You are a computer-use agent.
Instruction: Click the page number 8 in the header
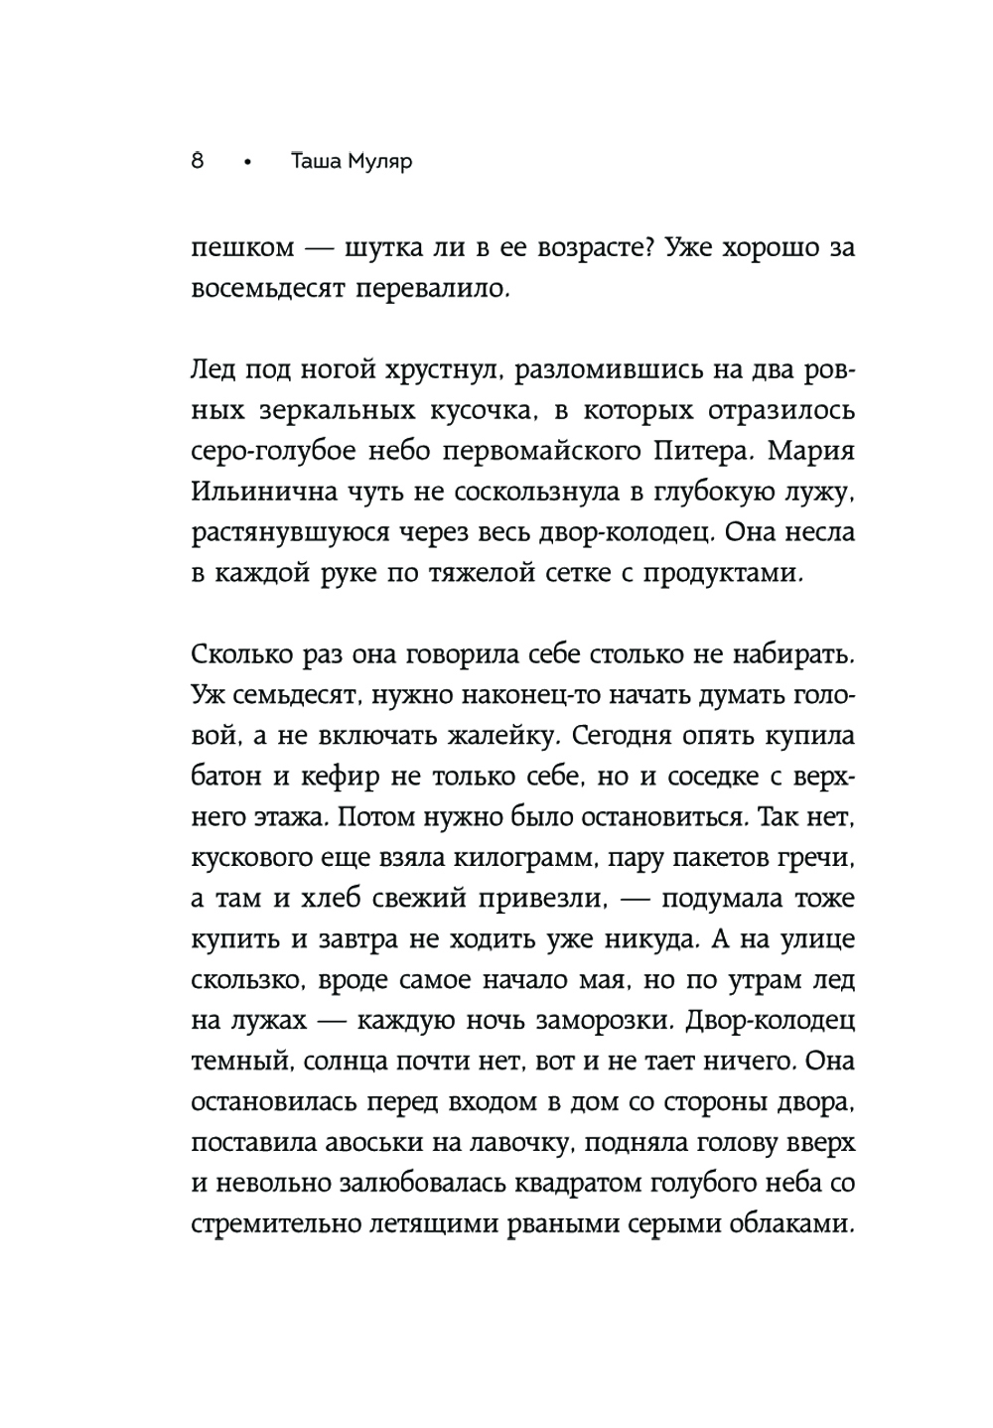click(197, 161)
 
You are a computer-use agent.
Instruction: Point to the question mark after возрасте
click(644, 246)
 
